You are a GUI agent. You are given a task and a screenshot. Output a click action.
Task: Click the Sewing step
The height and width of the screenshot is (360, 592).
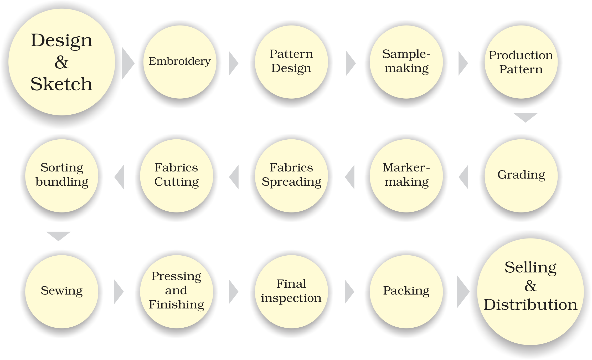62,291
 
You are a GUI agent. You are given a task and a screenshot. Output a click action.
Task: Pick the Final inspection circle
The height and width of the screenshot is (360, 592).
291,291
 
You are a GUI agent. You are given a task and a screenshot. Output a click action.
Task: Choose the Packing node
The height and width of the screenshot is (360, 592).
406,291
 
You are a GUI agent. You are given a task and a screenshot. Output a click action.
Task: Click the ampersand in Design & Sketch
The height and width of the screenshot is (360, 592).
62,63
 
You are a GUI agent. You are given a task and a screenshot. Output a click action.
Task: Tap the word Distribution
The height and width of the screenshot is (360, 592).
531,305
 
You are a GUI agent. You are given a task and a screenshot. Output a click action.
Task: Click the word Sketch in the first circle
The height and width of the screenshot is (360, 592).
61,84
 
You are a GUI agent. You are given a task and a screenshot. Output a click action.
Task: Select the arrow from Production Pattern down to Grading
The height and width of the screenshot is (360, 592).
526,117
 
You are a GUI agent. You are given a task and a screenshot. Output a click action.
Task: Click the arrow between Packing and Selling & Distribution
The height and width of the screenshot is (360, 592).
462,292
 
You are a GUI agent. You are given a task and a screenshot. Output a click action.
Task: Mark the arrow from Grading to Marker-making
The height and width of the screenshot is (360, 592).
464,177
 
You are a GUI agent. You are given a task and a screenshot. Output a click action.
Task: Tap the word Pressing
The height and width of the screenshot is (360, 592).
176,276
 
